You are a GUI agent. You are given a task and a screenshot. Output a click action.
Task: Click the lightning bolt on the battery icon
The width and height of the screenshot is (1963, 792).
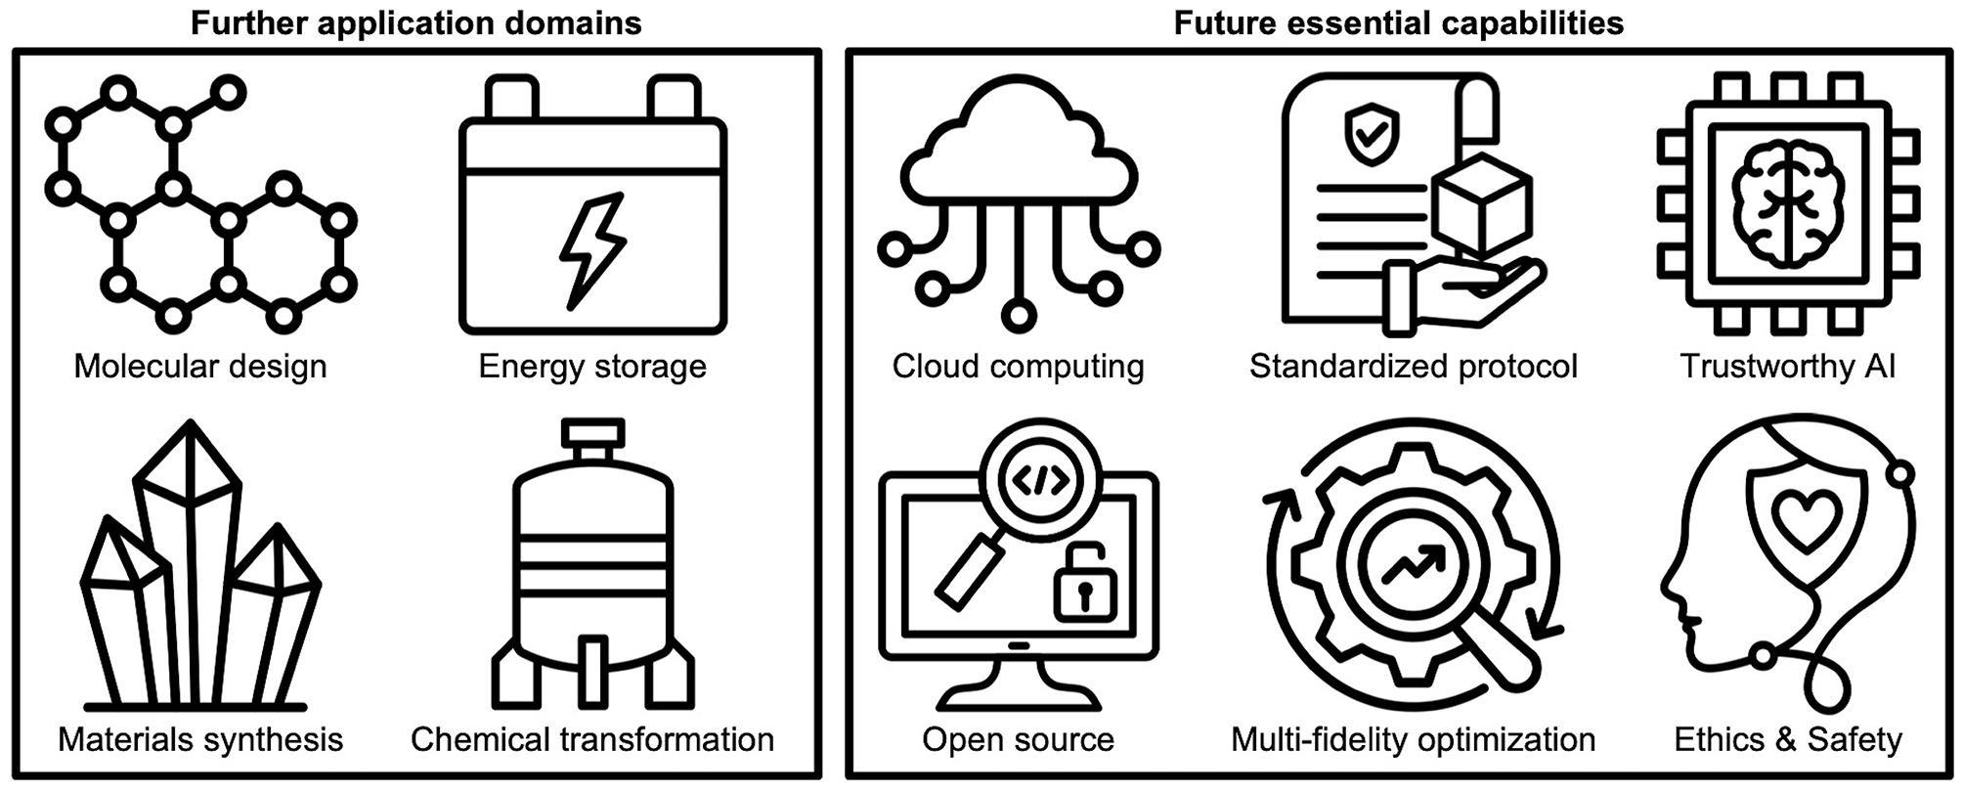pyautogui.click(x=592, y=250)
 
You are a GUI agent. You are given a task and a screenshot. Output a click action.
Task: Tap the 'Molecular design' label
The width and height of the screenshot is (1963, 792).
pyautogui.click(x=200, y=367)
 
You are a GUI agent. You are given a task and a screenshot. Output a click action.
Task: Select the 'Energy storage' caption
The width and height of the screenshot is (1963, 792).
pyautogui.click(x=592, y=367)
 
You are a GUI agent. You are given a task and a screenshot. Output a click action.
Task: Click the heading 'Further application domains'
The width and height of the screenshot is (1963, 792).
pyautogui.click(x=415, y=22)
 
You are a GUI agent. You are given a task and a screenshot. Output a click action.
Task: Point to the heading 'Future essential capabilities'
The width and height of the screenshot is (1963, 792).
pyautogui.click(x=1398, y=22)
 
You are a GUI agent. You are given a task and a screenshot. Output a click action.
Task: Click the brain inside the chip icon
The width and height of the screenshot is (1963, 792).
pyautogui.click(x=1787, y=203)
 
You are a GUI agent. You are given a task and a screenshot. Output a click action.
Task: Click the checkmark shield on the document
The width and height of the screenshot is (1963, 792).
pyautogui.click(x=1371, y=135)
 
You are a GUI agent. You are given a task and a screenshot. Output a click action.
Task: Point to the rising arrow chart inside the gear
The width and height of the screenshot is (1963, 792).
pyautogui.click(x=1413, y=566)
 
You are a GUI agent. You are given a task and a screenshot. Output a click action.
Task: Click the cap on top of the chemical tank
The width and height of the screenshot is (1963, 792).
pyautogui.click(x=592, y=432)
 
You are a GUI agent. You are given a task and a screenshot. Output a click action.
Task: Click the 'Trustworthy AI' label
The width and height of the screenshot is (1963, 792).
pyautogui.click(x=1787, y=367)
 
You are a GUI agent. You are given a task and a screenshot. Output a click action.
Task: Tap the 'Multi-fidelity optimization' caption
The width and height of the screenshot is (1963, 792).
pyautogui.click(x=1413, y=740)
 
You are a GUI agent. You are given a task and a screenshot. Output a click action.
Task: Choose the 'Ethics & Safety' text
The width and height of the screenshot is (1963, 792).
pyautogui.click(x=1787, y=740)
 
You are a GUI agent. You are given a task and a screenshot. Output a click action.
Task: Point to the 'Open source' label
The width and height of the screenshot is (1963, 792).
pyautogui.click(x=1018, y=740)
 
